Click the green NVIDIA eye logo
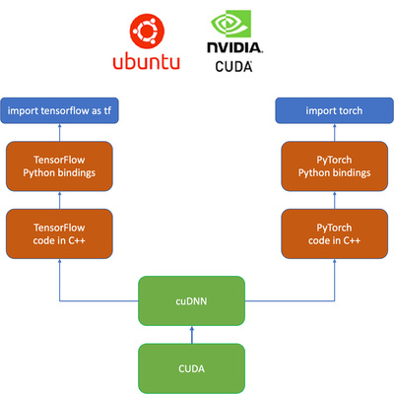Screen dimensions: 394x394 click(232, 28)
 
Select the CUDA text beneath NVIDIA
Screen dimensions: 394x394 click(232, 66)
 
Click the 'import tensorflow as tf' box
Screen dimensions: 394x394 click(59, 109)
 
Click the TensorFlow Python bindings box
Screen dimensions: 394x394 click(59, 165)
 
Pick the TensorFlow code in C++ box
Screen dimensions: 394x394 click(59, 232)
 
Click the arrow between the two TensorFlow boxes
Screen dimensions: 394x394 click(59, 199)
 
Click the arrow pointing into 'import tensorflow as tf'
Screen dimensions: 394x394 click(59, 133)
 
